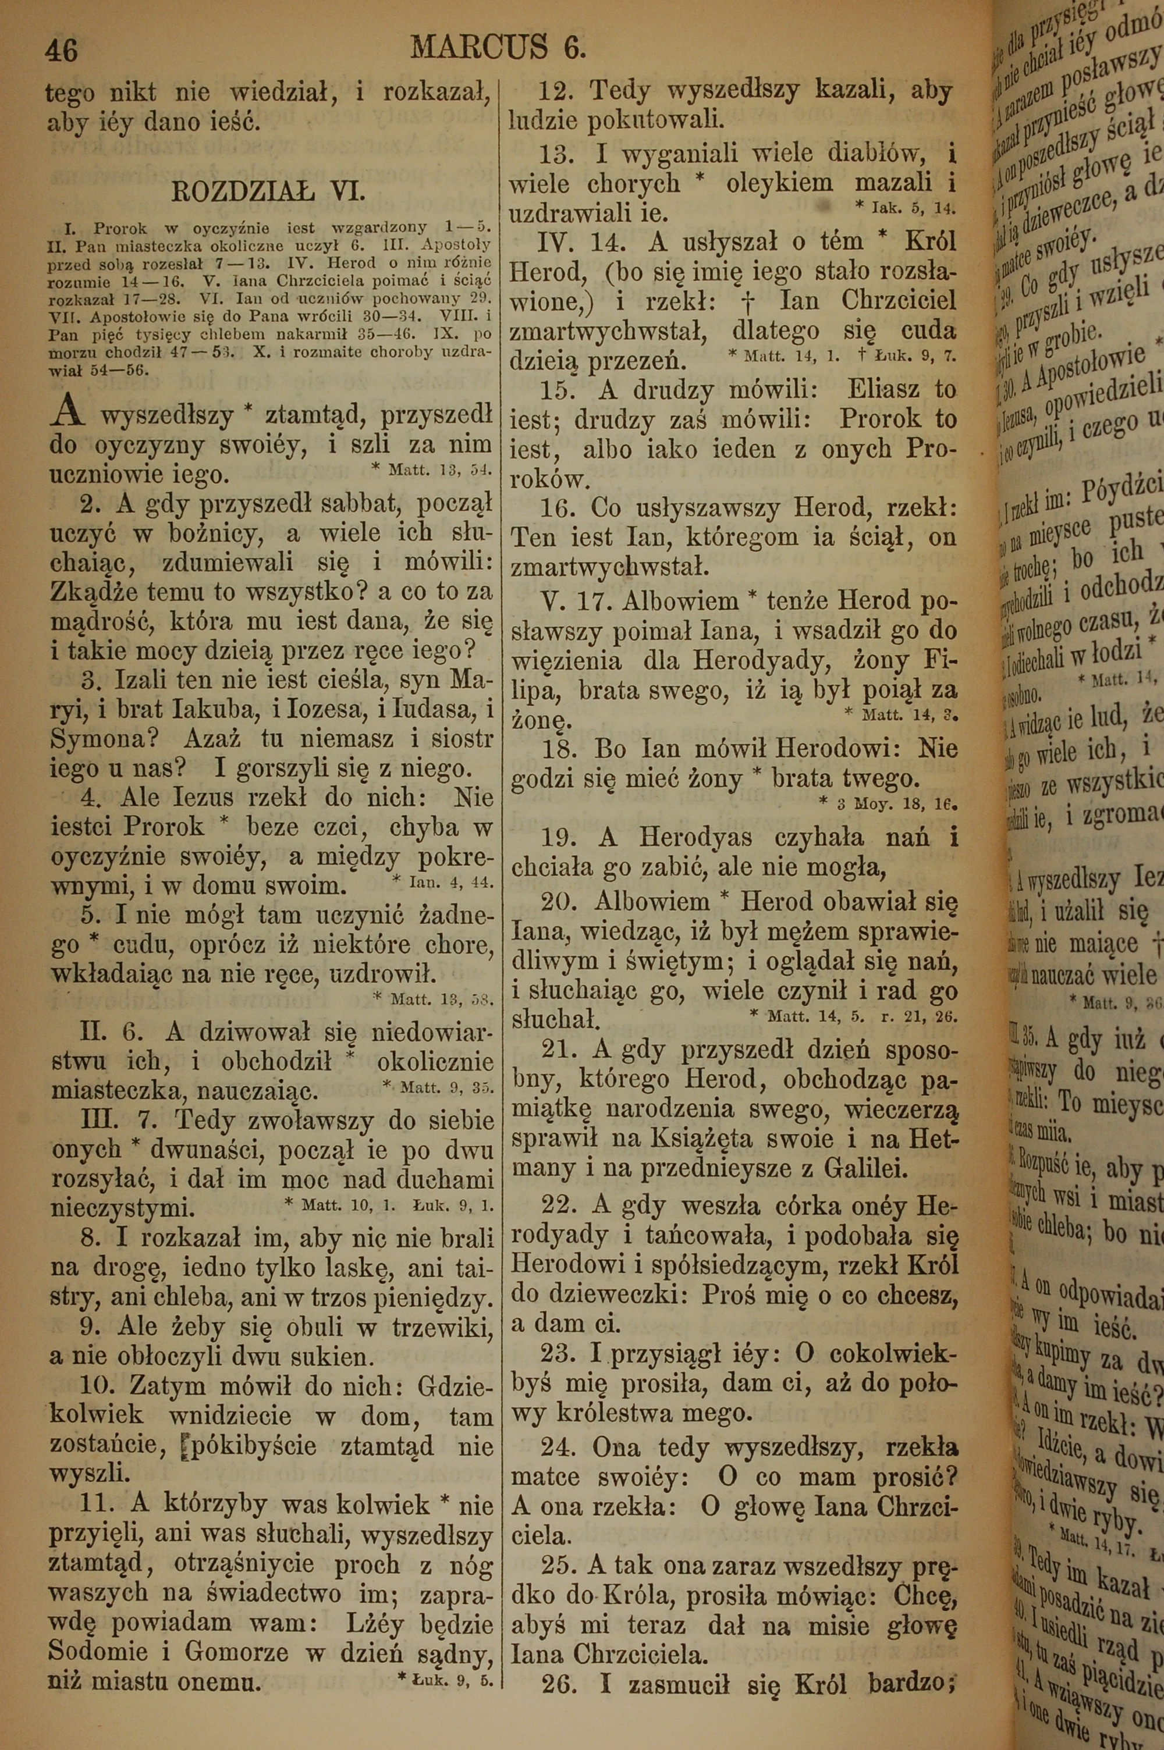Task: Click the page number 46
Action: coord(62,49)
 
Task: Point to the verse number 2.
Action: coord(91,504)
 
